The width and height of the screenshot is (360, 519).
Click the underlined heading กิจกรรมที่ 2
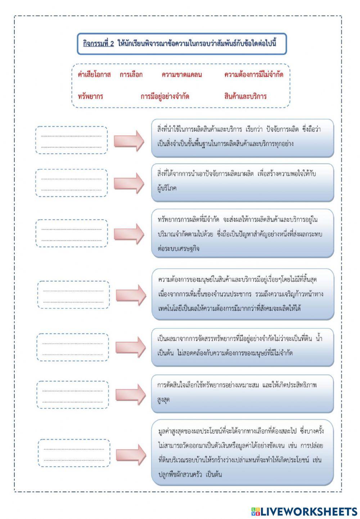tap(98, 44)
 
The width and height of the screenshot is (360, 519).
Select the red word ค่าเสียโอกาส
tap(94, 75)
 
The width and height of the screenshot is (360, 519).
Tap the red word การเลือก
tap(131, 75)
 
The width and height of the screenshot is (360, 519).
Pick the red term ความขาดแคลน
tap(182, 75)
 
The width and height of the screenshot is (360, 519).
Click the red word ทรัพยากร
tap(90, 96)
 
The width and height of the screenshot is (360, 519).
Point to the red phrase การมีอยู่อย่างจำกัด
tap(165, 96)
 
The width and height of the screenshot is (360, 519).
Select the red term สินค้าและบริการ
tap(245, 96)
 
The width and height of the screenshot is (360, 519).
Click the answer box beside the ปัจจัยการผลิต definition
tap(71, 140)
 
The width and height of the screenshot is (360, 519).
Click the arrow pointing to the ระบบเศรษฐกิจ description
tap(129, 234)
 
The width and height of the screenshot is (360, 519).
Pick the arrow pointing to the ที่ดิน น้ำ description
tap(130, 347)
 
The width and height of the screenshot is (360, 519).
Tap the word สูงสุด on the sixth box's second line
tap(164, 400)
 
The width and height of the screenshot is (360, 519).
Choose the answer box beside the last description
tap(74, 454)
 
